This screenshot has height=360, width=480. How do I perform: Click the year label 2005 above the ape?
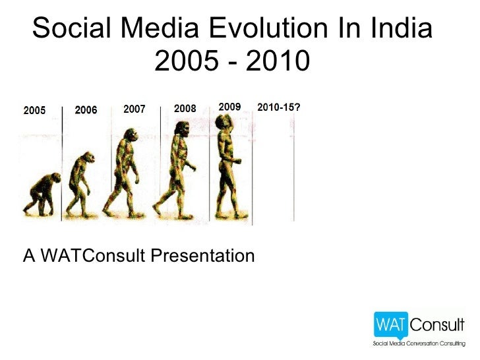point(34,111)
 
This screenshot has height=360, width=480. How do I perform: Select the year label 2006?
point(86,110)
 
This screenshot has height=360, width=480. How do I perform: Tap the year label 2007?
point(135,109)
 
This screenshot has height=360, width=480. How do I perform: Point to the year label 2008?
point(185,109)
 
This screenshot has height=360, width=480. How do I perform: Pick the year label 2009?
point(229,106)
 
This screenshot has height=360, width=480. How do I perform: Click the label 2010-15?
point(279,107)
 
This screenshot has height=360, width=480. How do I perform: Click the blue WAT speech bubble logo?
point(392,325)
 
